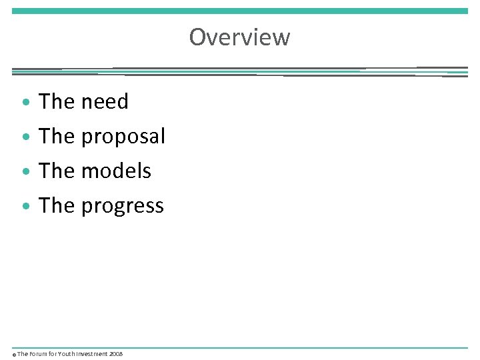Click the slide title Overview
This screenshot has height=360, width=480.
239,37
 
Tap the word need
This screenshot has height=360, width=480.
105,102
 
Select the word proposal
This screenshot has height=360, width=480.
123,137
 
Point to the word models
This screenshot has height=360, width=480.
116,171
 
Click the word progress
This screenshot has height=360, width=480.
122,206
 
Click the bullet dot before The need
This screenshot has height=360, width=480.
25,103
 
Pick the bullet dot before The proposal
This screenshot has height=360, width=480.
25,138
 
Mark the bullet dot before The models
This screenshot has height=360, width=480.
25,173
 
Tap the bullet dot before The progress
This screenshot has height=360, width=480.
25,207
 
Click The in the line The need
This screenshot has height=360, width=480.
57,102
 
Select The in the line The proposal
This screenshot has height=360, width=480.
57,137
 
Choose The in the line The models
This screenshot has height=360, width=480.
57,171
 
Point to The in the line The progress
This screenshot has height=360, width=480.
57,206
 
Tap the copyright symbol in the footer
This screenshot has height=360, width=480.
14,355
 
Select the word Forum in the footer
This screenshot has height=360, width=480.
39,354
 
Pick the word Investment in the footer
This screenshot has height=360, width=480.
93,354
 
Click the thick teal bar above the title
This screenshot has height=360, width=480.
240,11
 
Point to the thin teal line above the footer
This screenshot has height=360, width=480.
240,347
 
